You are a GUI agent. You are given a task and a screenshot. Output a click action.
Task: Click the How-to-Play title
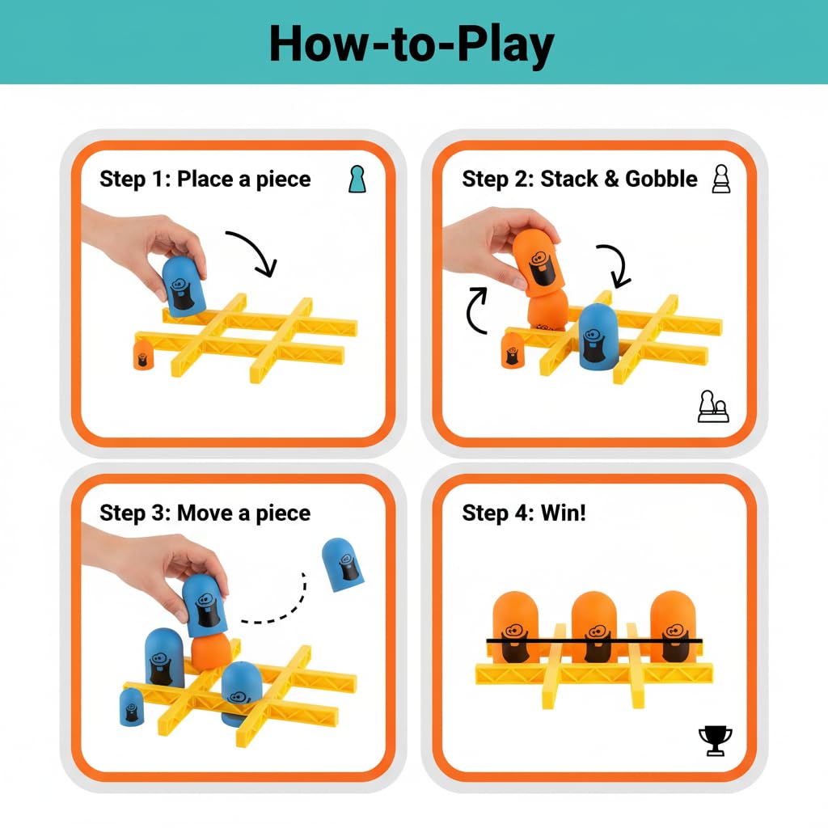[x=412, y=44]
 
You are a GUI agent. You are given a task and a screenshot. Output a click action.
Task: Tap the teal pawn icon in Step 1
[x=357, y=179]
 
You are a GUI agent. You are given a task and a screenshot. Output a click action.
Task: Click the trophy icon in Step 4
[x=715, y=741]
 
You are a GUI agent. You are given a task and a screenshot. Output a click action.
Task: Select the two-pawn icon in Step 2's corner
[x=713, y=407]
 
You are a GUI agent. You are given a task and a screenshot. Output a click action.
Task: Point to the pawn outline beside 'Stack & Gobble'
[x=721, y=179]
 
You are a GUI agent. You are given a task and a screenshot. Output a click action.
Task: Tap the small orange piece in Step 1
[x=143, y=354]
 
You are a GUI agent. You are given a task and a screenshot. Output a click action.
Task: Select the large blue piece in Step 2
[x=599, y=337]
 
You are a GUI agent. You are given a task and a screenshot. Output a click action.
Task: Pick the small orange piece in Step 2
[x=512, y=349]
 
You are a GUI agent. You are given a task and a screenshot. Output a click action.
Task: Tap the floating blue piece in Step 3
[x=343, y=564]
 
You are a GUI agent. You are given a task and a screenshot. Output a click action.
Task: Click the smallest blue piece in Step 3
[x=132, y=707]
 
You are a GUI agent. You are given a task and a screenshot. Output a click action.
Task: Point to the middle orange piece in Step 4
[x=594, y=627]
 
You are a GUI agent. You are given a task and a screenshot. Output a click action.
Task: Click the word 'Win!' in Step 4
[x=564, y=513]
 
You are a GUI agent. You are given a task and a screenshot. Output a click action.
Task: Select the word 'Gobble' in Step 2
[x=661, y=179]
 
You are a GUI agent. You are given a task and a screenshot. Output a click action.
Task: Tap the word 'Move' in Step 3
[x=205, y=513]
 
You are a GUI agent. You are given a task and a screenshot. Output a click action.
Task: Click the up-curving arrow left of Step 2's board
[x=476, y=311]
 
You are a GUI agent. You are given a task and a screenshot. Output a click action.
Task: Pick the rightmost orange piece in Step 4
[x=674, y=627]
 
